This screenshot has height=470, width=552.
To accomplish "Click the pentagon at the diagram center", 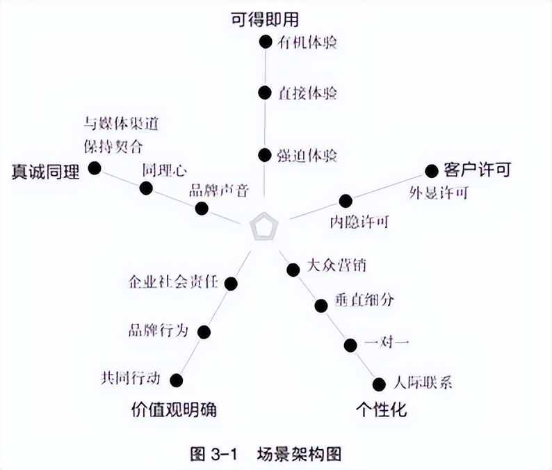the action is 263,227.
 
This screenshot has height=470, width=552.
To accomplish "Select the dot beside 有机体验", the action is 264,42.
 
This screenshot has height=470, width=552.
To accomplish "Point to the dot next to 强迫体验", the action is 264,154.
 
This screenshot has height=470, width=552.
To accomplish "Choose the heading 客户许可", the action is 477,169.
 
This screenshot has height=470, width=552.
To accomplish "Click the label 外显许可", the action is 438,193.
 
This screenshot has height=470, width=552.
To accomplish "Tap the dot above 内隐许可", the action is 346,201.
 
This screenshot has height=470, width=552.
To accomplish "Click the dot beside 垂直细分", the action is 320,305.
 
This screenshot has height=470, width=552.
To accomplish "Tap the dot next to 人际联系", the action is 379,384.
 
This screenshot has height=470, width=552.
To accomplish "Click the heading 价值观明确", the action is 174,409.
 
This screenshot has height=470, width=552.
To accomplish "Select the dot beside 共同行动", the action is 177,380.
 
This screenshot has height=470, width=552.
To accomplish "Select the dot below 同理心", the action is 146,188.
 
